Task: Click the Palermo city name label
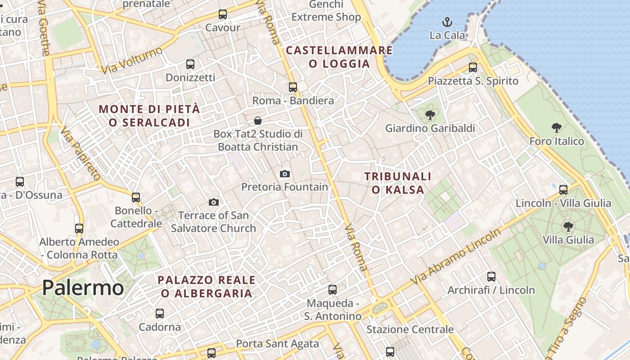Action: click(83, 288)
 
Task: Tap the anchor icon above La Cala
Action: click(447, 22)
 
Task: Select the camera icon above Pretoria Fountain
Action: click(284, 174)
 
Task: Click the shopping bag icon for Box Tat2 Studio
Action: click(258, 121)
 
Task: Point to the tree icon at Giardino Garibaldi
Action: click(430, 115)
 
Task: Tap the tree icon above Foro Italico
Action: click(557, 128)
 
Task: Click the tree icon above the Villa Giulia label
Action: click(568, 226)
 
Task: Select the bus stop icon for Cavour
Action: click(223, 14)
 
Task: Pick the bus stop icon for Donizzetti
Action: click(190, 64)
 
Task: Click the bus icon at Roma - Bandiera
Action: click(293, 87)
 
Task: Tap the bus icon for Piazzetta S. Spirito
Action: click(473, 67)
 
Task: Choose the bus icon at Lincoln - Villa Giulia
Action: click(563, 190)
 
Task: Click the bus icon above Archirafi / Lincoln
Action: click(491, 277)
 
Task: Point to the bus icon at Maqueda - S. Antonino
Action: click(333, 290)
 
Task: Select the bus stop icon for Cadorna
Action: click(160, 314)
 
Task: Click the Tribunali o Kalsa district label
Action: click(398, 183)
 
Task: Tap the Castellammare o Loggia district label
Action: click(339, 57)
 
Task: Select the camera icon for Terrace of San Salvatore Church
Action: click(214, 202)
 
